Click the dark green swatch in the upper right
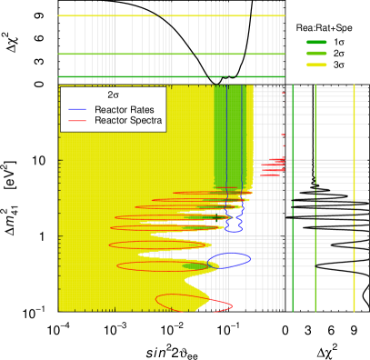[x=316, y=43]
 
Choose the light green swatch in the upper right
[x=316, y=54]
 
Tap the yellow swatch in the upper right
[x=316, y=65]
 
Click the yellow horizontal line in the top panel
[x=136, y=16]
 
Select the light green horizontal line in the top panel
[x=136, y=54]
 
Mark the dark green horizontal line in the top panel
[x=136, y=77]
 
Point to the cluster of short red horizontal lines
[x=273, y=165]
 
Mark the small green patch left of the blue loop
[x=195, y=266]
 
